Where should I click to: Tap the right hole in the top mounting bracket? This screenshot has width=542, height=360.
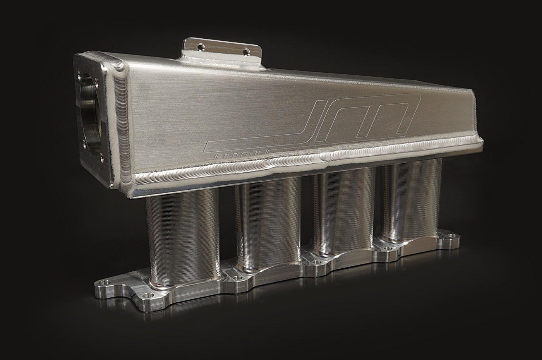point(246,51)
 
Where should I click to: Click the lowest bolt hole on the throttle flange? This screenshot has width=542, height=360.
point(101,158)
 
